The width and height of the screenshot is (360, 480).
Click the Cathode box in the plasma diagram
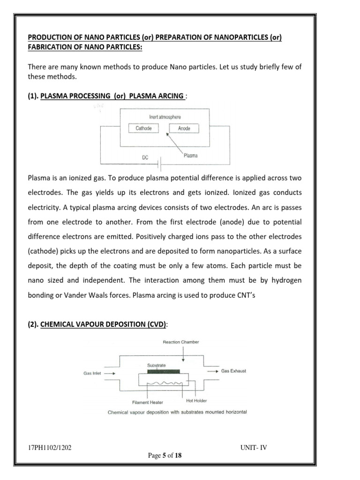(x=143, y=128)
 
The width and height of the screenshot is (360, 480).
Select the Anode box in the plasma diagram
(x=184, y=128)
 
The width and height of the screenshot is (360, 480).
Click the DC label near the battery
(x=145, y=158)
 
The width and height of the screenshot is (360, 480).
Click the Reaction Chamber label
(x=181, y=342)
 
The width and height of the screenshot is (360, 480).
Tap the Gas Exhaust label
(x=233, y=371)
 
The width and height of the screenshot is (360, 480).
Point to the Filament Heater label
(x=147, y=402)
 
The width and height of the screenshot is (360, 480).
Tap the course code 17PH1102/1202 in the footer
(x=50, y=447)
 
